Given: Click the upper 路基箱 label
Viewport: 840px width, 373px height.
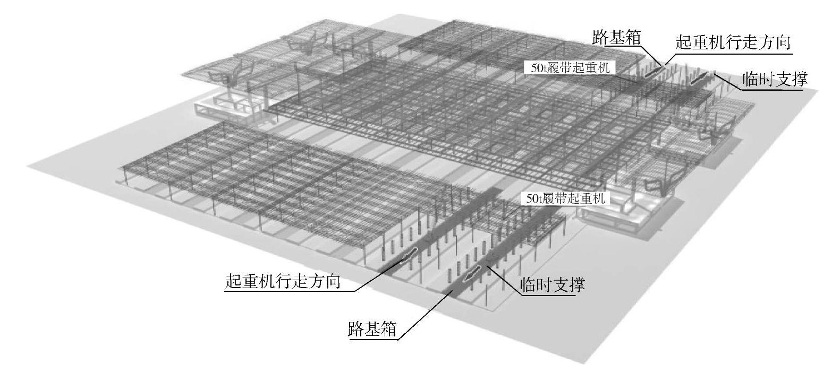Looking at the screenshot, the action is pyautogui.click(x=616, y=38).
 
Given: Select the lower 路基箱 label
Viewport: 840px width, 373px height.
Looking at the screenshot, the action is pyautogui.click(x=372, y=329).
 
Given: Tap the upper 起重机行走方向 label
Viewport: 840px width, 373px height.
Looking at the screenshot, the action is pyautogui.click(x=733, y=42).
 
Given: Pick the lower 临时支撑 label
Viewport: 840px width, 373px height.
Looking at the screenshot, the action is pyautogui.click(x=553, y=285).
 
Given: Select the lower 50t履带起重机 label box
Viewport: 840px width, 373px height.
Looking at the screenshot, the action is pyautogui.click(x=565, y=199).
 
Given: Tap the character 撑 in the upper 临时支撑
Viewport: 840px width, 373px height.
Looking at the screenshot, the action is pyautogui.click(x=799, y=80).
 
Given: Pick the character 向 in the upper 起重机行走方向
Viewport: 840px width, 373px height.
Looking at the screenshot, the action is pyautogui.click(x=783, y=42).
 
